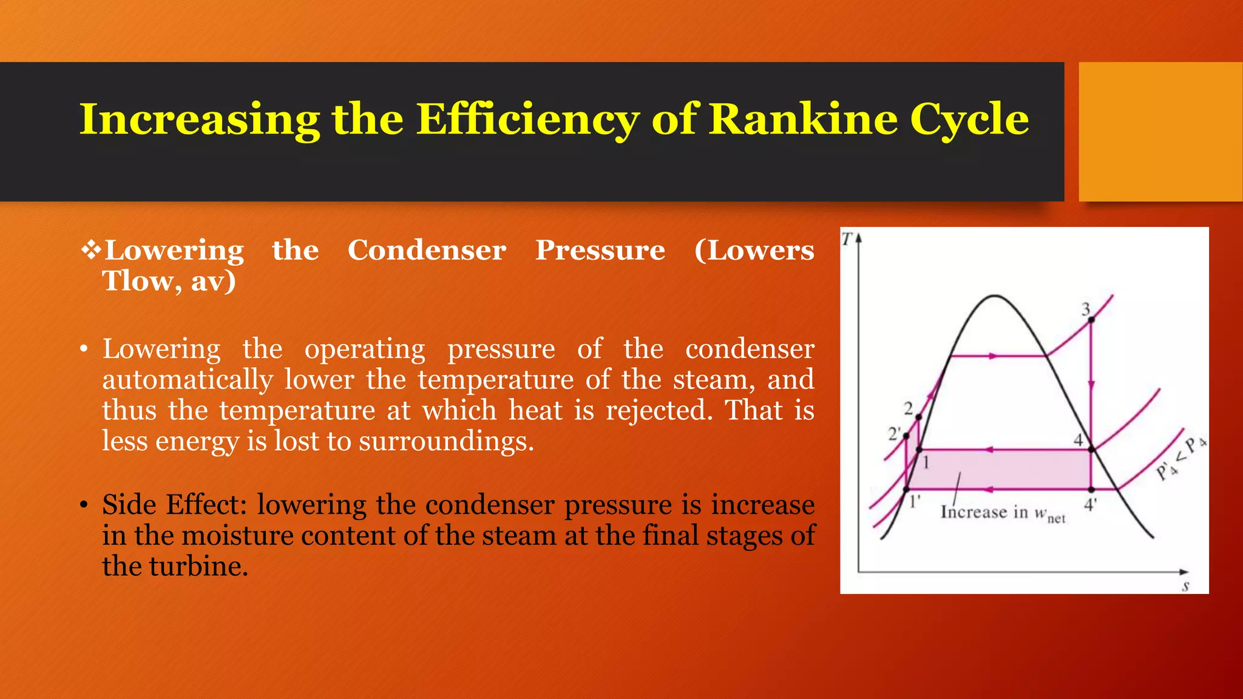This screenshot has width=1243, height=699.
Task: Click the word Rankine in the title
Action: click(803, 119)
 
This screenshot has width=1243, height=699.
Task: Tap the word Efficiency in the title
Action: click(527, 119)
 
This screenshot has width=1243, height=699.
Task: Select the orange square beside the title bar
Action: click(1160, 132)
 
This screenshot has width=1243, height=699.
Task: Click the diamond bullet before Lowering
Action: click(91, 250)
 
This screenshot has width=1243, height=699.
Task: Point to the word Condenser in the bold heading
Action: click(427, 250)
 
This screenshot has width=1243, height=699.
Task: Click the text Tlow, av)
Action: click(169, 281)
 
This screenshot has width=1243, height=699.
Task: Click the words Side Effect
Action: click(174, 505)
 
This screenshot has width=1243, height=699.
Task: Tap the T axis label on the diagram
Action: click(847, 239)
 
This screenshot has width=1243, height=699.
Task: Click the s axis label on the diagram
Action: click(1185, 586)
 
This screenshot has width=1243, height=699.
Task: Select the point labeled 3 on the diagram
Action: click(1091, 319)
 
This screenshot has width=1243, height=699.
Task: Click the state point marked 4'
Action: click(1091, 489)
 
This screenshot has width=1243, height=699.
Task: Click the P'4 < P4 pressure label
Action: click(1180, 458)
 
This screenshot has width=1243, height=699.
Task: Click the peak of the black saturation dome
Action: click(994, 296)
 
